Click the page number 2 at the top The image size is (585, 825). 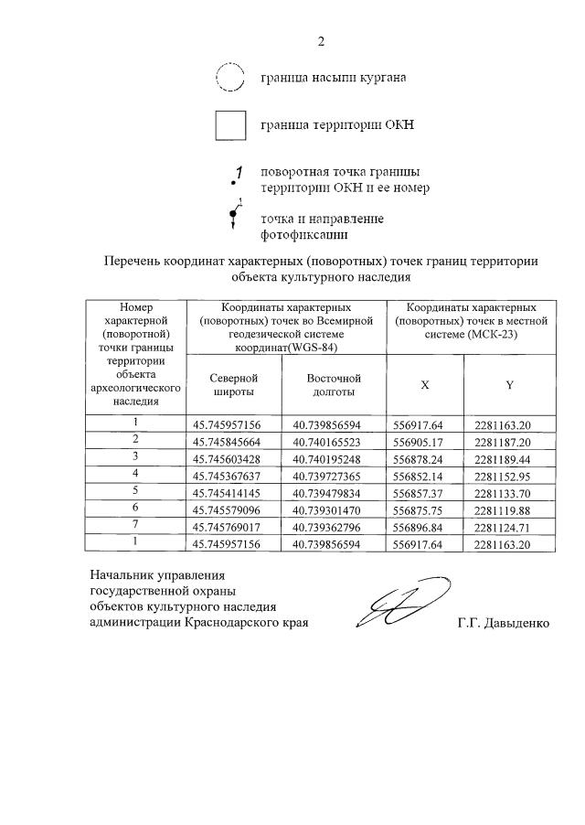click(321, 40)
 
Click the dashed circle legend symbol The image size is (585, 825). click(229, 78)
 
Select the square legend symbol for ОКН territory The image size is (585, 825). click(230, 124)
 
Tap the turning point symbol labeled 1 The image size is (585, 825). click(237, 176)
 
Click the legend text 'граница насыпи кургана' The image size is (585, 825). click(333, 78)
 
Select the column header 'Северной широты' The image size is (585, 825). click(233, 385)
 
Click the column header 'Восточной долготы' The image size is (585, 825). click(334, 385)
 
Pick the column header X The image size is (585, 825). click(424, 385)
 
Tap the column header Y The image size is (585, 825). click(509, 385)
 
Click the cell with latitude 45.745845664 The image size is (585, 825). click(233, 440)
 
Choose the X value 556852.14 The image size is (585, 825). click(424, 476)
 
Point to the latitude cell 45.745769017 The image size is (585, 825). click(233, 526)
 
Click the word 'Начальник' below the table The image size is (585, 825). click(120, 574)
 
